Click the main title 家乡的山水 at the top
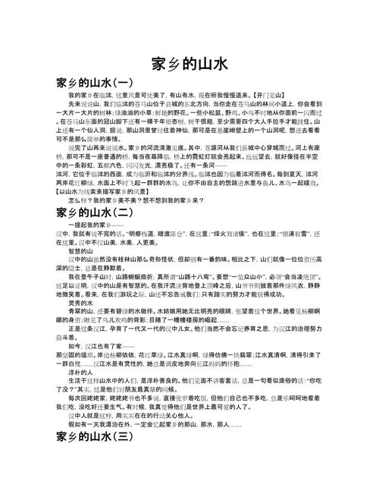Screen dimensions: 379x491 tap(189, 63)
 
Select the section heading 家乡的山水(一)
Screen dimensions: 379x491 tap(95, 81)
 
